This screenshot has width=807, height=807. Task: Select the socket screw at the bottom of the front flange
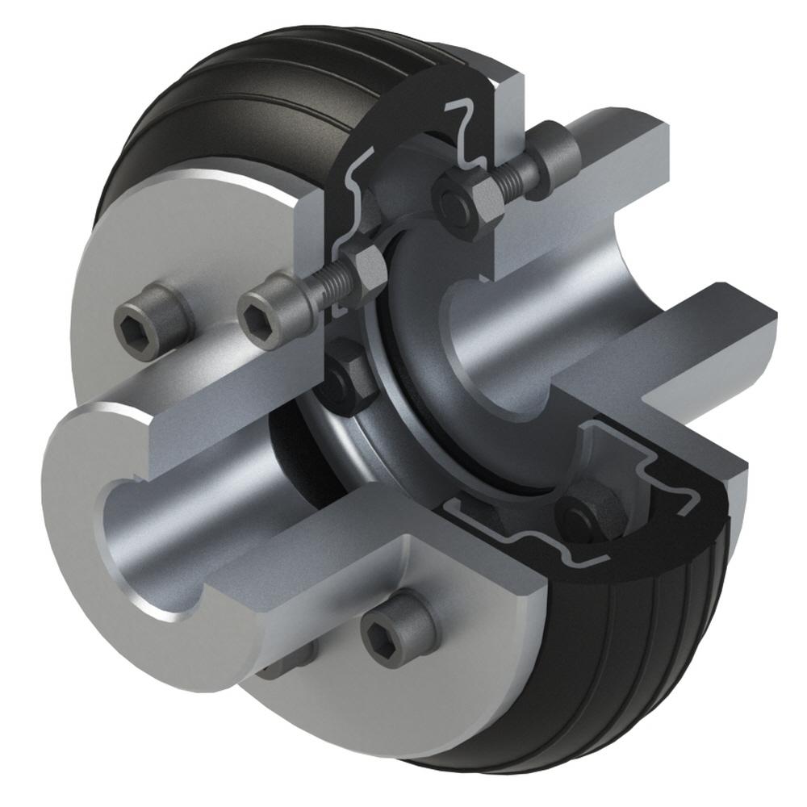[394, 632]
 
